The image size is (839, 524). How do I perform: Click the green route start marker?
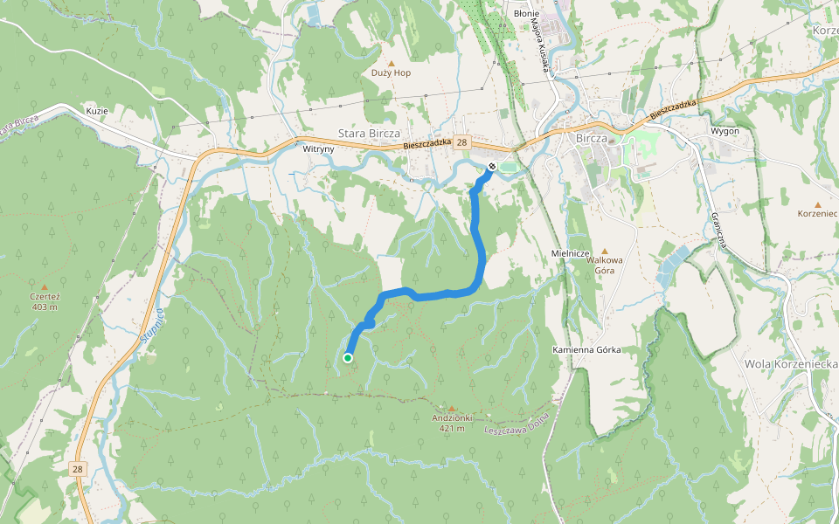pos(348,357)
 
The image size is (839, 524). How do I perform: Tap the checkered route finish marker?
pos(492,166)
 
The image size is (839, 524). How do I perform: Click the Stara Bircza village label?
pos(368,134)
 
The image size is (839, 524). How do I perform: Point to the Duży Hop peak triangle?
pos(391,63)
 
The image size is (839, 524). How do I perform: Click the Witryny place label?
pos(318,149)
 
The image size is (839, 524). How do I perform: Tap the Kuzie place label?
pos(96,111)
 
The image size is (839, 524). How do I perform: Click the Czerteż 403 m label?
pos(44,301)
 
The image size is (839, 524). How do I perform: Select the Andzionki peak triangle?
pos(452,408)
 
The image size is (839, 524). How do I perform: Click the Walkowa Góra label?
pos(604,265)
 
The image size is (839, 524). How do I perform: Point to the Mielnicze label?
pos(572,252)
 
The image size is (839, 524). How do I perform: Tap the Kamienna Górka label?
pos(586,349)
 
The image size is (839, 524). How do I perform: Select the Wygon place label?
pos(725,131)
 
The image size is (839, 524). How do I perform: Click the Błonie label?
pos(526,14)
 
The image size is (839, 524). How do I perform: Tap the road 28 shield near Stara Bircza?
pos(462,142)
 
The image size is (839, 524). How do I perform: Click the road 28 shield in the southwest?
pos(79,469)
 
